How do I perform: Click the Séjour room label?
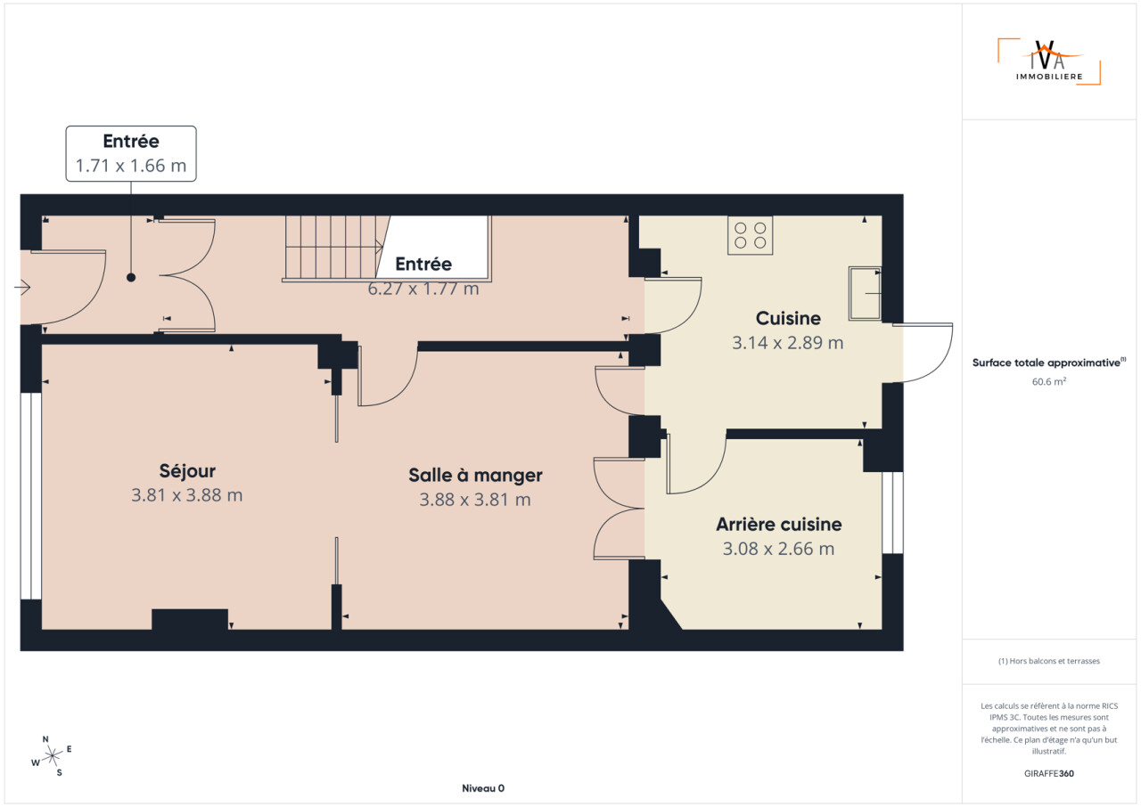[x=187, y=471]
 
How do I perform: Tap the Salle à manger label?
[x=475, y=476]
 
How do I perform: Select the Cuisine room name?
[x=788, y=319]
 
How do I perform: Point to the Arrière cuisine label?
[x=779, y=525]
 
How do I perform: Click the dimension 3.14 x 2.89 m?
[x=788, y=343]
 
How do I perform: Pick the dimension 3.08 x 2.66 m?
[x=779, y=549]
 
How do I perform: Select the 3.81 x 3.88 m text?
[x=187, y=495]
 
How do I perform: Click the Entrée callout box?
[x=131, y=154]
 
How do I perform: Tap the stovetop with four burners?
[x=751, y=235]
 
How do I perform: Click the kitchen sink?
[x=865, y=294]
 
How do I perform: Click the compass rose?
[x=52, y=756]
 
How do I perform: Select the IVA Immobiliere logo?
[x=1049, y=61]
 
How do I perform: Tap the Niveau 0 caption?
[x=483, y=788]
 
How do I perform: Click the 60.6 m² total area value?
[x=1049, y=381]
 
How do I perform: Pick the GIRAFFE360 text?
[x=1049, y=773]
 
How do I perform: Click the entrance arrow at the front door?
[x=22, y=288]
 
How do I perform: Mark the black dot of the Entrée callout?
[x=131, y=277]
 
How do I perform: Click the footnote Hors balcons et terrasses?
[x=1049, y=661]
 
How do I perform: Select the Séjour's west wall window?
[x=31, y=496]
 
